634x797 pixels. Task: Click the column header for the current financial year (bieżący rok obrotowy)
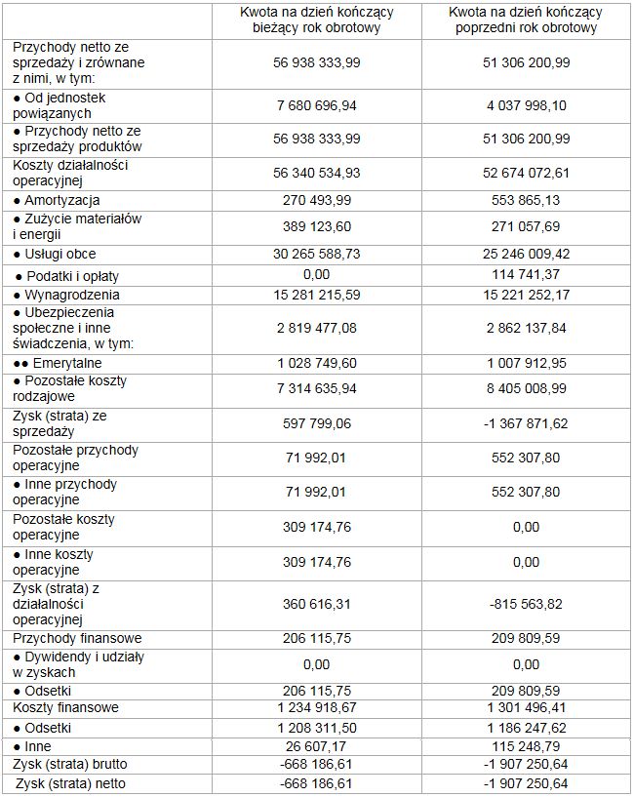point(317,20)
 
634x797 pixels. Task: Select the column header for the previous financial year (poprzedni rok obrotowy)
point(526,20)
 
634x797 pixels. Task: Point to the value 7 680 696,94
point(317,104)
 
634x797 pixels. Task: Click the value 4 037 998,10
point(526,104)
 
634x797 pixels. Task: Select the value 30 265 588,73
point(317,254)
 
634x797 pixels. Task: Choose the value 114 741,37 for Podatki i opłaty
point(526,275)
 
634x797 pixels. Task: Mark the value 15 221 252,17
point(526,295)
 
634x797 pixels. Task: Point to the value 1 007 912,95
point(526,363)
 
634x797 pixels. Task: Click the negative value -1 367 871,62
point(526,422)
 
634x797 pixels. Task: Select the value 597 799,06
point(317,422)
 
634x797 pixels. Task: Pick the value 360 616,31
point(317,604)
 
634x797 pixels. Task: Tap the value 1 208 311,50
point(317,728)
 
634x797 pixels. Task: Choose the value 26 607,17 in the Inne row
point(317,746)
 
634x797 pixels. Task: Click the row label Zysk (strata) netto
point(70,783)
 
